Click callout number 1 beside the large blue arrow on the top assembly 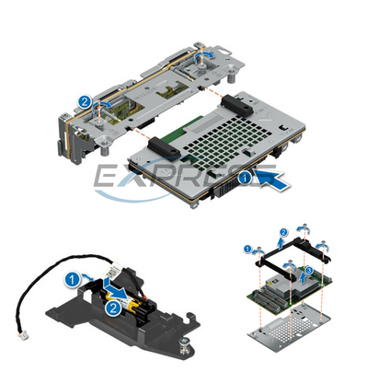tap(245, 173)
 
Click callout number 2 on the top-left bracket tap(85, 102)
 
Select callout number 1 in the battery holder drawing tap(71, 275)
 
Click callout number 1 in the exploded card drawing tap(248, 248)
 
